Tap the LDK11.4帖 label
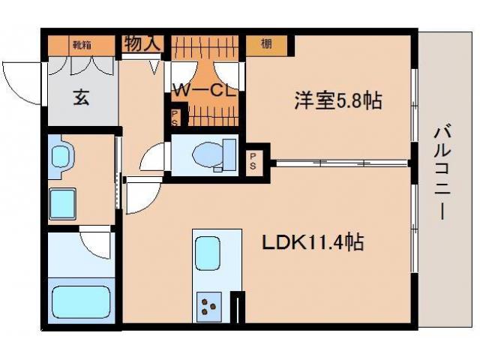click(x=313, y=242)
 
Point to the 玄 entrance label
click(x=81, y=97)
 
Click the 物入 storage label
click(x=142, y=44)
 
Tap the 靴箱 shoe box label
click(x=81, y=45)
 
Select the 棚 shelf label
click(x=266, y=44)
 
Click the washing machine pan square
click(x=66, y=202)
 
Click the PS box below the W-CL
click(x=175, y=118)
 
